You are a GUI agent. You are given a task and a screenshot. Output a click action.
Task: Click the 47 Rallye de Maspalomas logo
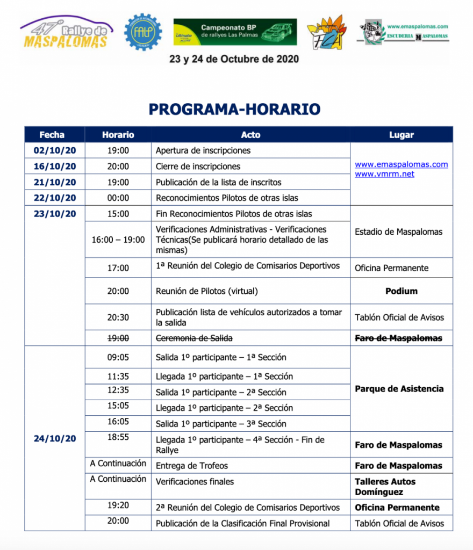(66, 33)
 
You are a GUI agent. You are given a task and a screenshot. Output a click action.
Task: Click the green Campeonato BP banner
(235, 32)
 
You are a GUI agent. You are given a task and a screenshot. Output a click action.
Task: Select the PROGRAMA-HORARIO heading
(234, 110)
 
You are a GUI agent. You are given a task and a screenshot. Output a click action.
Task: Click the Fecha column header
(52, 135)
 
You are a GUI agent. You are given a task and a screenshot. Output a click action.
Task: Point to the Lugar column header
(401, 135)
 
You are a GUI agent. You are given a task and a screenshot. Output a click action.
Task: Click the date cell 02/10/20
(55, 150)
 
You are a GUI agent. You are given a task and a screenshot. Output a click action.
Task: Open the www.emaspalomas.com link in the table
(401, 164)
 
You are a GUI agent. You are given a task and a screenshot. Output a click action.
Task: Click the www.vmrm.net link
(384, 174)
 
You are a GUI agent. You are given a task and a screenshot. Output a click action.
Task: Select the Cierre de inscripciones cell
(198, 167)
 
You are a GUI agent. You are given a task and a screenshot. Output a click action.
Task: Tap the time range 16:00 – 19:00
(118, 240)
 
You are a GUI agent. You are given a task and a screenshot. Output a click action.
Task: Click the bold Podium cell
(401, 291)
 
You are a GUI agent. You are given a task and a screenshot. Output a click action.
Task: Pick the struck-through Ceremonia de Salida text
(194, 338)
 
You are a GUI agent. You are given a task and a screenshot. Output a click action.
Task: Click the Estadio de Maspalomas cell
(398, 232)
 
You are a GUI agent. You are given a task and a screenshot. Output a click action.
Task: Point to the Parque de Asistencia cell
(399, 389)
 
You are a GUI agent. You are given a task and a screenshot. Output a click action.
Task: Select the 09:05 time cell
(118, 356)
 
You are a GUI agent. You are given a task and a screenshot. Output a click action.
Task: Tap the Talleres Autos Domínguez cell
(385, 487)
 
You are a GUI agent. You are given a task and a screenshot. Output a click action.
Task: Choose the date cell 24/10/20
(55, 438)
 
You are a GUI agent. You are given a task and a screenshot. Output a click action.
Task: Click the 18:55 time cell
(118, 437)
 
